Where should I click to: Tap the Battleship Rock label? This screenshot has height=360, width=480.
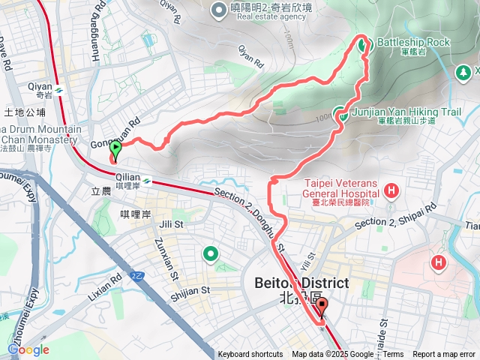(413, 43)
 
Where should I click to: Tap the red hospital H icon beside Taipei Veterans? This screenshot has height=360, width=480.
(390, 190)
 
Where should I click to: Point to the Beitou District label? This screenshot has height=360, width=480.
(301, 283)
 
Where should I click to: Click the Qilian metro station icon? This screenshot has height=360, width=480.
(148, 181)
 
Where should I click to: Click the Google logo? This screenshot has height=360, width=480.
(28, 349)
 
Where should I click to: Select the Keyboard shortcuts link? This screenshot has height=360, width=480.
(250, 355)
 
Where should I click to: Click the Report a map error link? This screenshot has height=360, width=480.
(445, 355)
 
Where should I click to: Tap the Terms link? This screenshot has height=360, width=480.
(394, 355)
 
